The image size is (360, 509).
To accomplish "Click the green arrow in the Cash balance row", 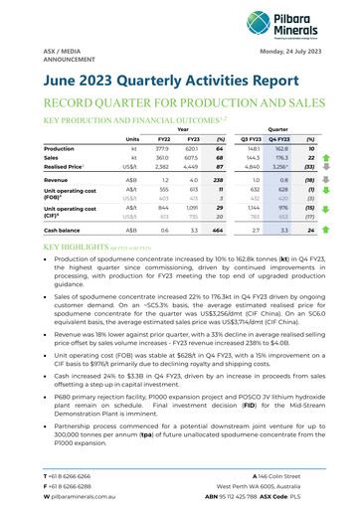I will pos(338,230).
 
